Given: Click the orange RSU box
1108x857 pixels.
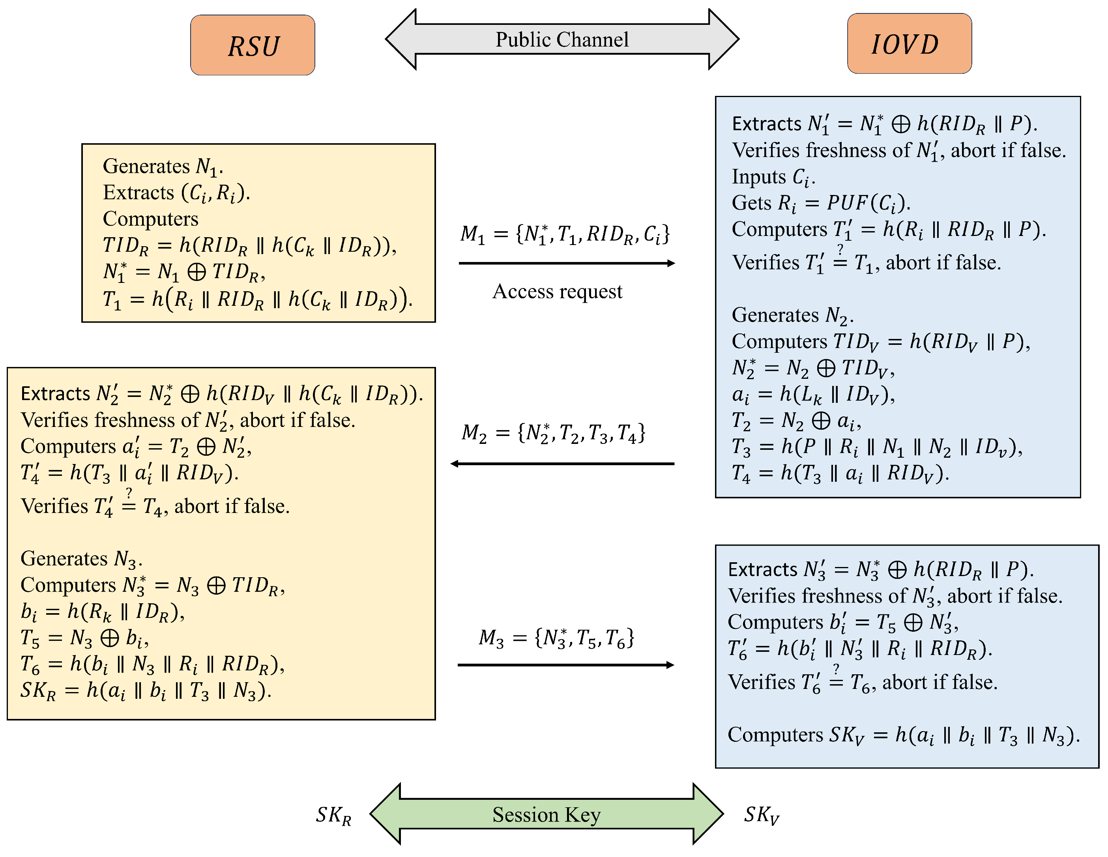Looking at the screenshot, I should [252, 45].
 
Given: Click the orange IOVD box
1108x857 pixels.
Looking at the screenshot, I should [909, 44].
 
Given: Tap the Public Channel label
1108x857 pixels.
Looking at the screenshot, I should [561, 39].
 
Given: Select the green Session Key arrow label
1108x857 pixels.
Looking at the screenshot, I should [547, 814].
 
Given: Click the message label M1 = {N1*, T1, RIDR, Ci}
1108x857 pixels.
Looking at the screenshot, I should [565, 234].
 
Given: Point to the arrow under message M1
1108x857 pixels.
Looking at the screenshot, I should [566, 263].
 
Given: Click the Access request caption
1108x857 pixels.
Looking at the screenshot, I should [557, 291].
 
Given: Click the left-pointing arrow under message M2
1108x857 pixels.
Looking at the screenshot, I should [562, 463].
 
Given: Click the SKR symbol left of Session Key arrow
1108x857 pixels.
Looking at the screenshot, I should [333, 815].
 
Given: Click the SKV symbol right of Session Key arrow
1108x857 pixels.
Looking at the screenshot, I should [761, 814].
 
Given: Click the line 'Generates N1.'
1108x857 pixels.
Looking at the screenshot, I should [162, 167].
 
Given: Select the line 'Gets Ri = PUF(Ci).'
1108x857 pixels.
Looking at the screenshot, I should [820, 203].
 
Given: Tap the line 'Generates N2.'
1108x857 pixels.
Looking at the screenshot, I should [792, 315].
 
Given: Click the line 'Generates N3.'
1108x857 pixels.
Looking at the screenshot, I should [81, 559].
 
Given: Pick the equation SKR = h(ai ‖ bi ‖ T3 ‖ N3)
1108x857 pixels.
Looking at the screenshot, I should [146, 690].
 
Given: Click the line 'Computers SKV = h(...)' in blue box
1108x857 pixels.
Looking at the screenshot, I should [903, 735].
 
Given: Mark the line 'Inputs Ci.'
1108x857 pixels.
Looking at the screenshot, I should [773, 177].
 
